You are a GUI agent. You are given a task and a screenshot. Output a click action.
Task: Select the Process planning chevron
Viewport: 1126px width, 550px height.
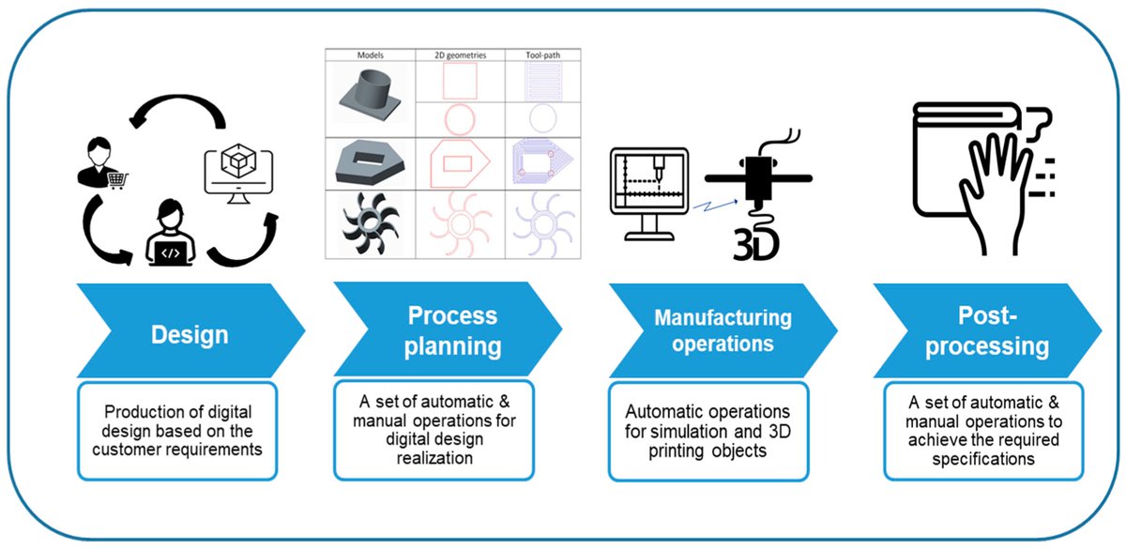(x=446, y=329)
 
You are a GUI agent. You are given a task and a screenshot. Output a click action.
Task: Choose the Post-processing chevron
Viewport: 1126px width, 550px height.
(x=985, y=329)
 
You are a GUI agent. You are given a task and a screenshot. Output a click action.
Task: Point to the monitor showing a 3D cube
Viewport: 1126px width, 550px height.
(x=237, y=172)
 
